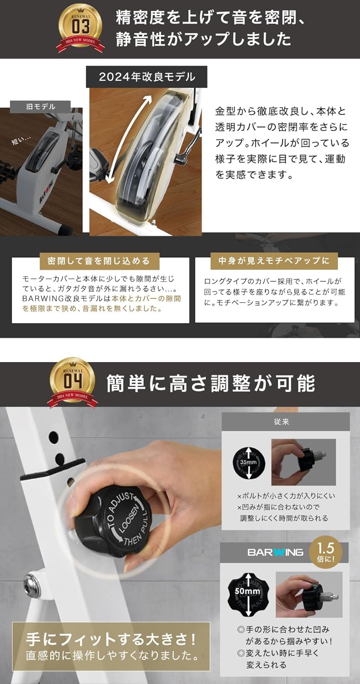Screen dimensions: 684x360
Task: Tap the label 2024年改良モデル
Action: click(146, 77)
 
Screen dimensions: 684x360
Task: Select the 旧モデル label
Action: click(41, 106)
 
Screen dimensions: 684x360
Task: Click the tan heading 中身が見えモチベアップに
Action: click(274, 261)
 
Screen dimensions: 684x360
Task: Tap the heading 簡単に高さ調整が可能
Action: click(210, 383)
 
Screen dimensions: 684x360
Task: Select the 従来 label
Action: click(285, 422)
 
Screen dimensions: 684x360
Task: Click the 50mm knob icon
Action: click(247, 591)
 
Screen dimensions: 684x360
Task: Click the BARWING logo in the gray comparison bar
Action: click(275, 552)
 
